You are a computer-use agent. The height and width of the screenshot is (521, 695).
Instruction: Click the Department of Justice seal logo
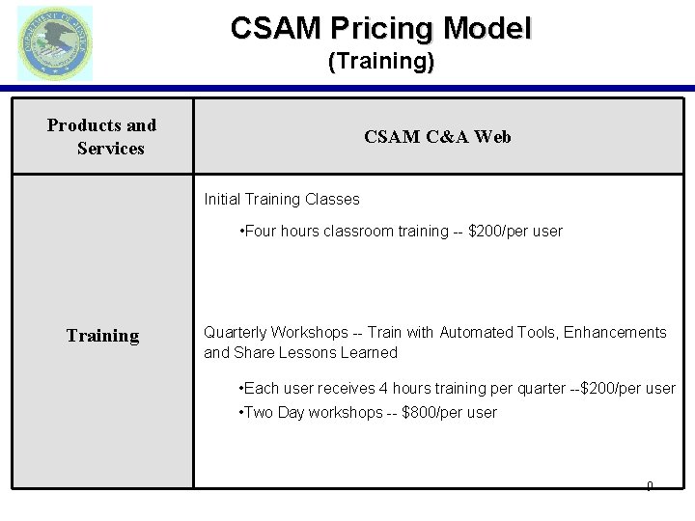(55, 42)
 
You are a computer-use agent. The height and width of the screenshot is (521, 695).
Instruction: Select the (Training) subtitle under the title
(380, 63)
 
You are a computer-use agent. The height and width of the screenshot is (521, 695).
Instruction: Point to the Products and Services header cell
(102, 137)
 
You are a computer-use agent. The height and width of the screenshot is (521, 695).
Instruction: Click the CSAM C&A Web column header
(437, 137)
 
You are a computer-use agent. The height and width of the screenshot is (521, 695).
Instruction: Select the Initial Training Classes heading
(282, 200)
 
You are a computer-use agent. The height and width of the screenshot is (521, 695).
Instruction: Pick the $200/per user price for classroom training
(514, 232)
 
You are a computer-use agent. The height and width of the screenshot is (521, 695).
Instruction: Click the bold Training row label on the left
(102, 336)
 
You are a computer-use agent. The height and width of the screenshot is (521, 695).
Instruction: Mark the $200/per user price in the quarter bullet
(627, 388)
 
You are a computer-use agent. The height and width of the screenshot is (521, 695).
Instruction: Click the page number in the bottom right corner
(650, 485)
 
